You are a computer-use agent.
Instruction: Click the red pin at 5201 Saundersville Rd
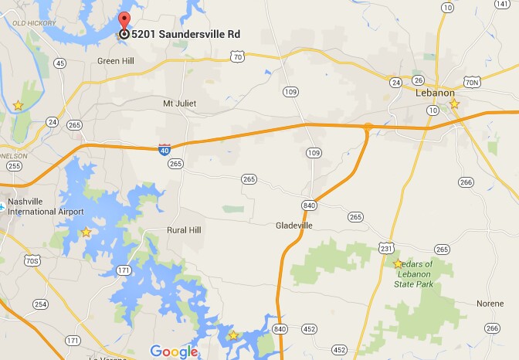pyautogui.click(x=124, y=22)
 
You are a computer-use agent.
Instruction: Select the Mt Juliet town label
pyautogui.click(x=179, y=104)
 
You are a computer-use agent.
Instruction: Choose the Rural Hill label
pyautogui.click(x=184, y=230)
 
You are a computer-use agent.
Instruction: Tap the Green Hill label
pyautogui.click(x=116, y=60)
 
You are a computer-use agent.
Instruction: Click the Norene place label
pyautogui.click(x=490, y=303)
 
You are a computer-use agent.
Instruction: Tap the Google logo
pyautogui.click(x=175, y=352)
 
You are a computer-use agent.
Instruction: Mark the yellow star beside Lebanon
pyautogui.click(x=454, y=104)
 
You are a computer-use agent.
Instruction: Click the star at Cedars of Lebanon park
pyautogui.click(x=398, y=263)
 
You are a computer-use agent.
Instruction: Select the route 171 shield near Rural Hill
pyautogui.click(x=124, y=270)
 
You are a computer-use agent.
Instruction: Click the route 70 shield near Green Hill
pyautogui.click(x=238, y=56)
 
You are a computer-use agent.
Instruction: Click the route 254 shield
pyautogui.click(x=40, y=304)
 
